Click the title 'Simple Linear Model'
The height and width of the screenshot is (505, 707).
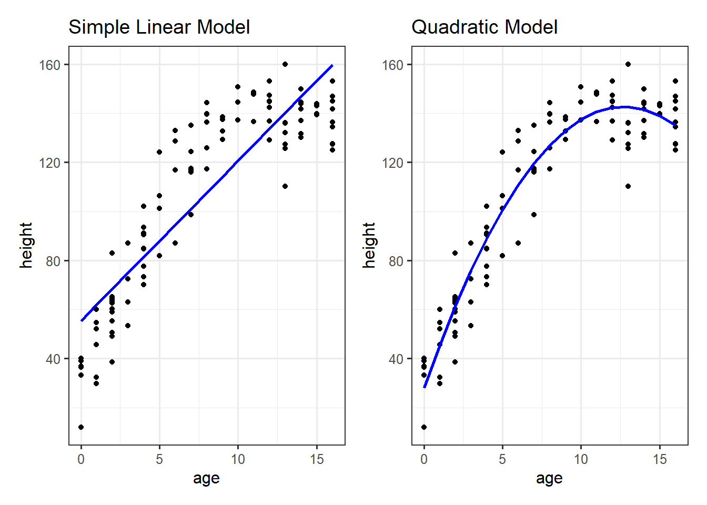tap(159, 27)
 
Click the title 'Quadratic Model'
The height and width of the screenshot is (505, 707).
tap(484, 27)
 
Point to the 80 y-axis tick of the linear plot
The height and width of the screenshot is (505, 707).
tap(53, 261)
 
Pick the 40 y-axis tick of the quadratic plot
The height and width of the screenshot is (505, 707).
tap(396, 359)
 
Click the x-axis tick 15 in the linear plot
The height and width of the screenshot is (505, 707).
tap(317, 459)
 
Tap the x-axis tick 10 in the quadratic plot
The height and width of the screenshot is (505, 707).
tap(581, 459)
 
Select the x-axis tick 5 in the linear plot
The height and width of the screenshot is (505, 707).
tap(159, 459)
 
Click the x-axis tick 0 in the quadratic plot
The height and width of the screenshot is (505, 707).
tap(424, 459)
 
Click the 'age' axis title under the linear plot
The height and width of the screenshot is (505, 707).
tap(206, 478)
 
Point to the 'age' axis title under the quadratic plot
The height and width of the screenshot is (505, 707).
tap(549, 478)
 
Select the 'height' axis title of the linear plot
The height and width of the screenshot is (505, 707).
tap(26, 245)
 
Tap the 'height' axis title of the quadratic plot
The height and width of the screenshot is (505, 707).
tap(369, 245)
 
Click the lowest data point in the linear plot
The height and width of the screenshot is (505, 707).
tap(81, 427)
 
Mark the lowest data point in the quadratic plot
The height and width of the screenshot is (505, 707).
tap(424, 427)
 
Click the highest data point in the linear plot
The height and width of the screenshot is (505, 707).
tap(285, 64)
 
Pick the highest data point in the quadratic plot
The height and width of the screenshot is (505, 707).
tap(628, 64)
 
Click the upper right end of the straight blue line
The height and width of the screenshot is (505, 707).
tap(332, 66)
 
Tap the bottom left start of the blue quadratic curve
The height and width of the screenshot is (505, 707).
tap(425, 387)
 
